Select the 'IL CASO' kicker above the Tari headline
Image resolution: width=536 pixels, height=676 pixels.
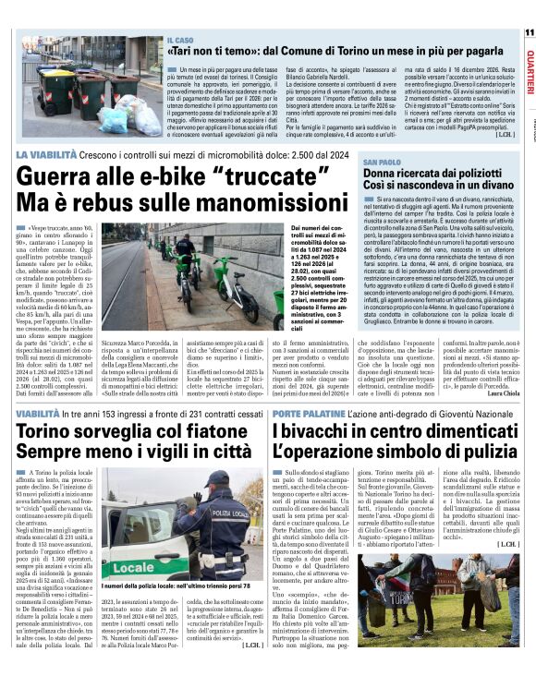pyautogui.click(x=181, y=42)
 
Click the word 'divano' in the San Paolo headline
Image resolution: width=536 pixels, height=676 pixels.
pyautogui.click(x=471, y=186)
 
